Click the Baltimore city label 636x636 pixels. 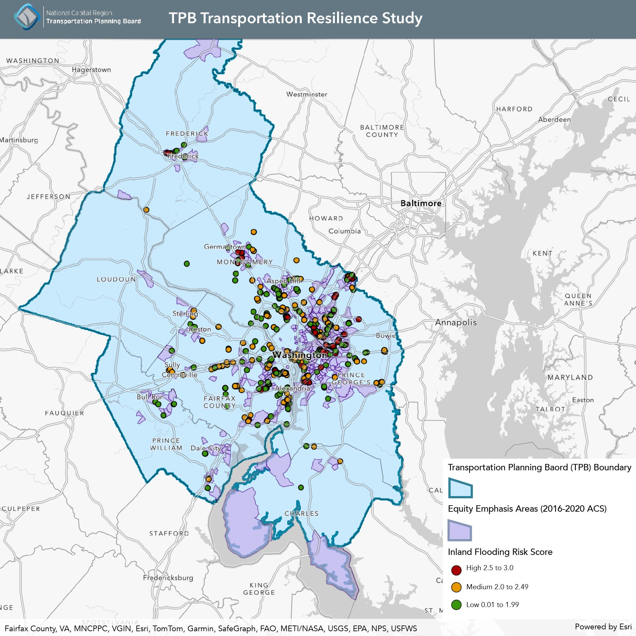pyautogui.click(x=421, y=203)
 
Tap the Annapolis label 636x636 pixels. pyautogui.click(x=456, y=322)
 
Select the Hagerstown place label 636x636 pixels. pyautogui.click(x=91, y=70)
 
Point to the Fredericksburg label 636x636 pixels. pyautogui.click(x=168, y=578)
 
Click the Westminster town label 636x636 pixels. pyautogui.click(x=307, y=94)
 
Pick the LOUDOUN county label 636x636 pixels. pyautogui.click(x=116, y=280)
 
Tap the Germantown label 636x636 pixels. pyautogui.click(x=225, y=246)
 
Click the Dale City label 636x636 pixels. pyautogui.click(x=206, y=448)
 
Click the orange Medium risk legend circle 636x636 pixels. pyautogui.click(x=456, y=587)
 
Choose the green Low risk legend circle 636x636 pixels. pyautogui.click(x=456, y=605)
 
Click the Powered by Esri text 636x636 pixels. pyautogui.click(x=603, y=626)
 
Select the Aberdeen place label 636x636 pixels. pyautogui.click(x=554, y=120)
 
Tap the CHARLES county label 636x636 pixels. pyautogui.click(x=301, y=514)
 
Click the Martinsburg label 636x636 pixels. pyautogui.click(x=19, y=140)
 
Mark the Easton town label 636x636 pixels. pyautogui.click(x=583, y=400)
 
